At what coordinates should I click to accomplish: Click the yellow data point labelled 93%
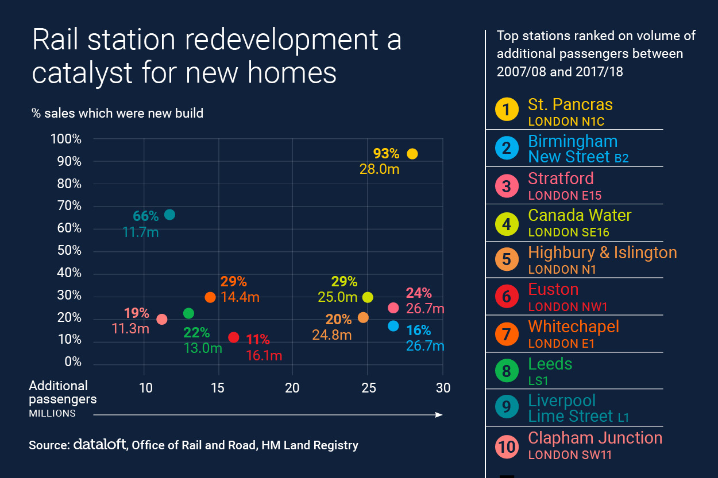[412, 154]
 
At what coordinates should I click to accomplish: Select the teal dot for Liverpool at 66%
[169, 215]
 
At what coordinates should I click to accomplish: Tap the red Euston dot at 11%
[233, 337]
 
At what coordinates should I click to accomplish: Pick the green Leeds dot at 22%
[188, 313]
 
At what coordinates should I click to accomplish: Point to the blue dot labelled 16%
[393, 326]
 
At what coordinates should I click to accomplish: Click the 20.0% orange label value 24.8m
[331, 335]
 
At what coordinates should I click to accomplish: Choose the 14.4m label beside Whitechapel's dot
[240, 297]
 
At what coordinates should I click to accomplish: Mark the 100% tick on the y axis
[67, 139]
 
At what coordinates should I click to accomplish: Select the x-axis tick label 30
[443, 388]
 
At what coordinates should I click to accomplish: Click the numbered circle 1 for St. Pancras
[506, 109]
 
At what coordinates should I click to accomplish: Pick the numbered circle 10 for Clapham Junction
[506, 446]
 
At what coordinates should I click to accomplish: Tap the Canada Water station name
[580, 215]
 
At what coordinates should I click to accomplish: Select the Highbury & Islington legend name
[603, 252]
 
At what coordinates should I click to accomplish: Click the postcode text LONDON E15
[565, 196]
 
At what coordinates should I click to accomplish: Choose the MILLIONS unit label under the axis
[52, 413]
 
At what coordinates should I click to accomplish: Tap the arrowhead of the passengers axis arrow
[439, 415]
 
